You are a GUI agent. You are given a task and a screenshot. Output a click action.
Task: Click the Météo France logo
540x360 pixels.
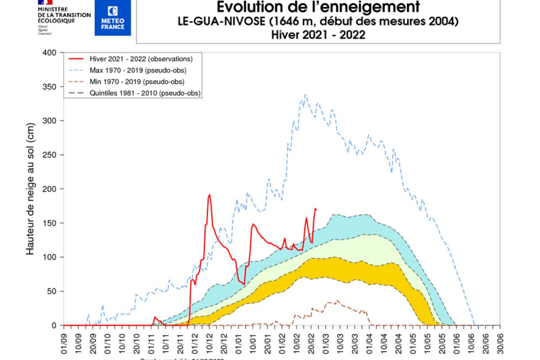[x=112, y=18]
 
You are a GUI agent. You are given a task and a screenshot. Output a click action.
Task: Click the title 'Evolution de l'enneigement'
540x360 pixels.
[x=318, y=7]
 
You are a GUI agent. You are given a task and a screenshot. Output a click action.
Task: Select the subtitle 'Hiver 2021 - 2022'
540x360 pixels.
[x=318, y=35]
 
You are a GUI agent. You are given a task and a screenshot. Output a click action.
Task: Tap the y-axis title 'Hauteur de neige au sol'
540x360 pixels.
[x=30, y=189]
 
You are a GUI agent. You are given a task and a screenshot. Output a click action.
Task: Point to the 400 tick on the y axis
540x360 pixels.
[x=51, y=52]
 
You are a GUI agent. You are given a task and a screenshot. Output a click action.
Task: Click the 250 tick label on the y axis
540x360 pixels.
[x=51, y=155]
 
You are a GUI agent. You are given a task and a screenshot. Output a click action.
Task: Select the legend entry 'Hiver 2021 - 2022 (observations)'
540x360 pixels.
[x=141, y=59]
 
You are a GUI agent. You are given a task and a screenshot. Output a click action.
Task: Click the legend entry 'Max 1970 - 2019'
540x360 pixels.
[x=138, y=70]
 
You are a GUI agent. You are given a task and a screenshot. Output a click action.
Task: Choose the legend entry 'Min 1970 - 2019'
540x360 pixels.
[x=137, y=81]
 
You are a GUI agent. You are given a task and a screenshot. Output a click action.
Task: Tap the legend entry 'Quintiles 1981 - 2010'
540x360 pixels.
[x=145, y=93]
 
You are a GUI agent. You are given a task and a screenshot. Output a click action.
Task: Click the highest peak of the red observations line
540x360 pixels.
[x=209, y=195]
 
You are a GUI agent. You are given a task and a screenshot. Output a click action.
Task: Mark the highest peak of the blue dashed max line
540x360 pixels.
[x=305, y=95]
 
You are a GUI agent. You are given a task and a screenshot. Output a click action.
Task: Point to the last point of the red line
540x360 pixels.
[x=316, y=209]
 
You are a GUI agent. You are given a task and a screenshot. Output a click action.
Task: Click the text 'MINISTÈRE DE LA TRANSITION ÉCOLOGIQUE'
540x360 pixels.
[x=64, y=15]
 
